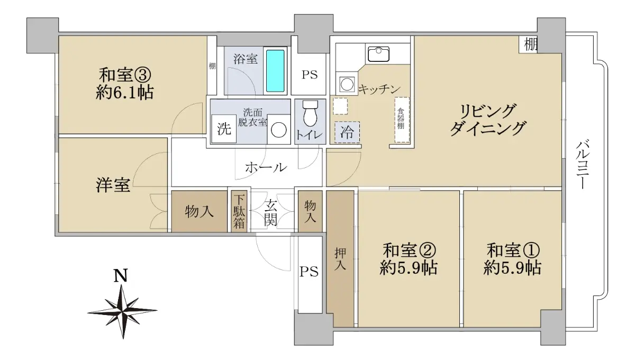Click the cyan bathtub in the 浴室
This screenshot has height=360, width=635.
[275, 70]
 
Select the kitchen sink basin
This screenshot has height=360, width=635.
[378, 54]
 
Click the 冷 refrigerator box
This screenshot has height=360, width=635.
[347, 132]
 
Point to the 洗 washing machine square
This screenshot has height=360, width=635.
[224, 129]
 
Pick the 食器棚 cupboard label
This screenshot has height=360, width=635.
[401, 119]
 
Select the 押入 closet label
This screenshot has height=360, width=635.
[340, 258]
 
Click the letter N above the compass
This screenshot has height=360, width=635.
[121, 275]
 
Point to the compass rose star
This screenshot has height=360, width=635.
[122, 312]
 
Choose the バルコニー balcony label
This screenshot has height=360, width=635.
[582, 165]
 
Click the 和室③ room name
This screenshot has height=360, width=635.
[125, 75]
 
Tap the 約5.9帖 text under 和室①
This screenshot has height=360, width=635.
[513, 267]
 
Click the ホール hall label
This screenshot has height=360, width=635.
[266, 167]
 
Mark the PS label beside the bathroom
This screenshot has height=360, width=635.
[309, 75]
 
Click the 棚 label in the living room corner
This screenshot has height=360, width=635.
[530, 44]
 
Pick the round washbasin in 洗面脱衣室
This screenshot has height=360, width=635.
[279, 130]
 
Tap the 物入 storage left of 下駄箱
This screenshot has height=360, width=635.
[199, 211]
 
